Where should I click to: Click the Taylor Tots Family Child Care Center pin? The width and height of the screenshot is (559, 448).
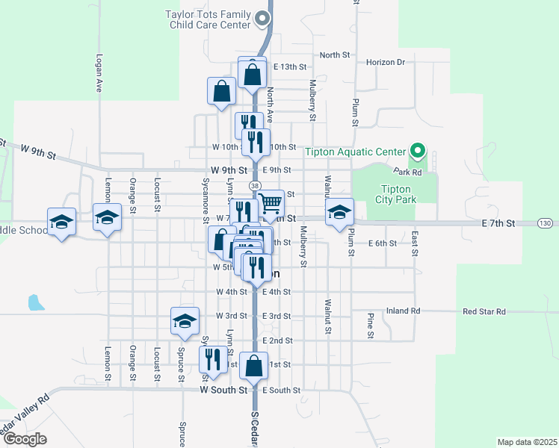262,19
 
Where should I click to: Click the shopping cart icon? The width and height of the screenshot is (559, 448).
271,202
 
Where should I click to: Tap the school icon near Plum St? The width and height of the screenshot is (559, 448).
339,211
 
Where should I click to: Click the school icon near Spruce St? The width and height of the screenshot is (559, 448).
185,320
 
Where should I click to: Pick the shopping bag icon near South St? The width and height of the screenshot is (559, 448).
254,366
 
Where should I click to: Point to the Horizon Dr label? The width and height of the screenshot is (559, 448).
386,62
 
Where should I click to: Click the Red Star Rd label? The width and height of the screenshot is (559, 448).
484,311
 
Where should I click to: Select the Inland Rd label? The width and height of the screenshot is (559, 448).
404,311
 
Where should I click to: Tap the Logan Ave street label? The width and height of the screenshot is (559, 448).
99,72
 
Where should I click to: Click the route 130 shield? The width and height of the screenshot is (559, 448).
546,223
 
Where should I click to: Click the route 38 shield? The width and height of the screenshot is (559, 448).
256,185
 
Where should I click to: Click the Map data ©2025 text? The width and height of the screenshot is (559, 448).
527,442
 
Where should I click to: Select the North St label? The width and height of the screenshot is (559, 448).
335,55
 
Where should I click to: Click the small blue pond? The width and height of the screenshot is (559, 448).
34,302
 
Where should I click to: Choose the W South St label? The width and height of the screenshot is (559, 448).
223,390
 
